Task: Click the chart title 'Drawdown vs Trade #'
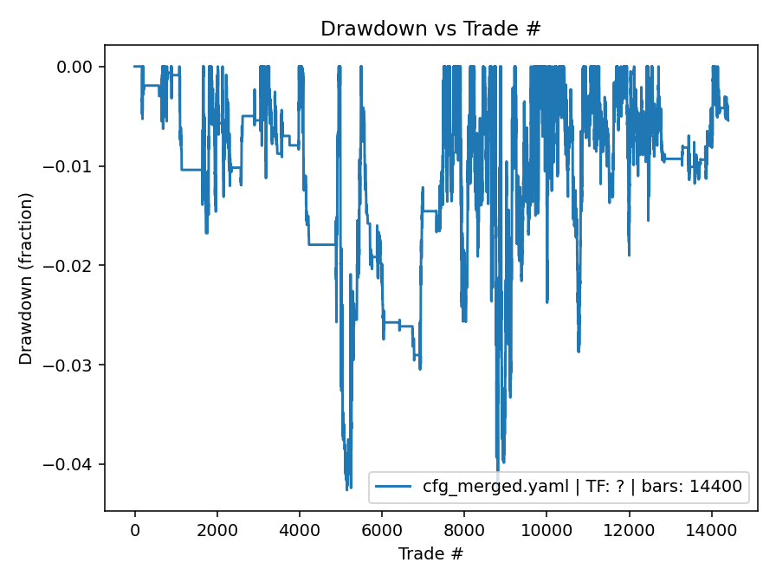[430, 29]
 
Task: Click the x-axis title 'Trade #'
[430, 553]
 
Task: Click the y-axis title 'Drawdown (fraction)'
[26, 278]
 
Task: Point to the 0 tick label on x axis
[134, 529]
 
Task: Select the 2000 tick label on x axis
[217, 529]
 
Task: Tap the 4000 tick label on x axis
[299, 529]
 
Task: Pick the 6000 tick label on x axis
[381, 529]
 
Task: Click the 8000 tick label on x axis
[464, 529]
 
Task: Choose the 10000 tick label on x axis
[546, 529]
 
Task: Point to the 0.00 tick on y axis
[81, 67]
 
